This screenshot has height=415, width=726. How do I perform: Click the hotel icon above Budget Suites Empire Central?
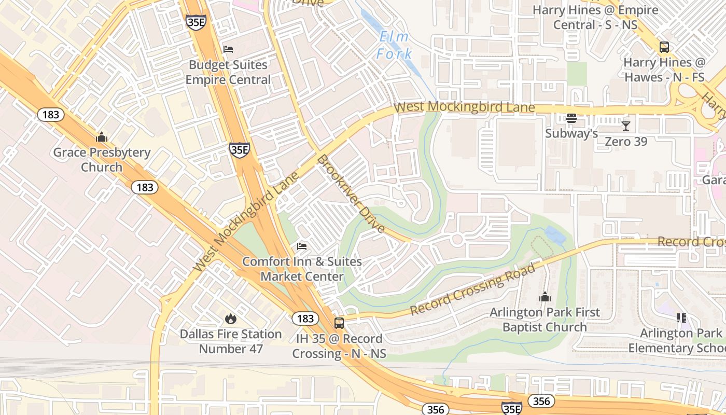[228, 49]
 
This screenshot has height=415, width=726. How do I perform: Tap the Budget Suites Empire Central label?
[228, 72]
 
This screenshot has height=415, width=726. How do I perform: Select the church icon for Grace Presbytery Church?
[102, 137]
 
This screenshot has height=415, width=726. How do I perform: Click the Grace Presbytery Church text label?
[102, 160]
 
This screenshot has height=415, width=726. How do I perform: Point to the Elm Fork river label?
[394, 45]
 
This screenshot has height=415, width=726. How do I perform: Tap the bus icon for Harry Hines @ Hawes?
[664, 47]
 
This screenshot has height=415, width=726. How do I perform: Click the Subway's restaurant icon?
[571, 119]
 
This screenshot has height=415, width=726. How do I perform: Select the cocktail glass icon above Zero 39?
[626, 126]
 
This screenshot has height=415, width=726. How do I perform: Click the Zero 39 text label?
[626, 141]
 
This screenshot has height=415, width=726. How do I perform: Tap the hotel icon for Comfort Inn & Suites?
[302, 246]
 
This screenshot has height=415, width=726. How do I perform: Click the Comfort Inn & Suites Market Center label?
[302, 269]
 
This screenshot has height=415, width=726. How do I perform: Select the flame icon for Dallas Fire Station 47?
[231, 319]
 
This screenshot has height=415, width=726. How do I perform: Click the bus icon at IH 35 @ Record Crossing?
[339, 323]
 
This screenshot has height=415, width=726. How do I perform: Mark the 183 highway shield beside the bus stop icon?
[305, 318]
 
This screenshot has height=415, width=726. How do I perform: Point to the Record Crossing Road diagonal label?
[472, 289]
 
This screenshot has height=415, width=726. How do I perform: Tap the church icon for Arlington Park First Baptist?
[544, 297]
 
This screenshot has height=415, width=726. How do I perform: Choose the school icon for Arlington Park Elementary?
[681, 317]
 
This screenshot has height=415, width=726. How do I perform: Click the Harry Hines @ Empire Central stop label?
[595, 17]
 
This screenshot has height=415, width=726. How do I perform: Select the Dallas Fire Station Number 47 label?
[231, 341]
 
